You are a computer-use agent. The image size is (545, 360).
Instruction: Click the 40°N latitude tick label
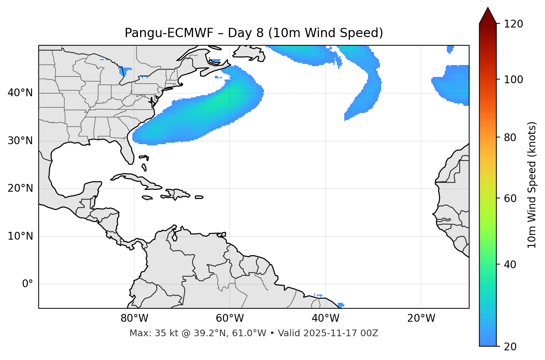(x=20, y=93)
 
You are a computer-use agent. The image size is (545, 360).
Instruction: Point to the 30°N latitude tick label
(x=20, y=141)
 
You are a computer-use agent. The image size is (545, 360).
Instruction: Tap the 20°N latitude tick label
(x=20, y=188)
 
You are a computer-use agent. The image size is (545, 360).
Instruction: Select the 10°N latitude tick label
(x=20, y=236)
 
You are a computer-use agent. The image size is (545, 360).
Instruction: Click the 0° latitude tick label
(x=28, y=284)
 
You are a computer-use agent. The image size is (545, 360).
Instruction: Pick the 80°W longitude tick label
(x=134, y=318)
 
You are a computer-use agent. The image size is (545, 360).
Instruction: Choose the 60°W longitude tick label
(x=230, y=318)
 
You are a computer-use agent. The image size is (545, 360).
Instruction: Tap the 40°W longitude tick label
(x=325, y=318)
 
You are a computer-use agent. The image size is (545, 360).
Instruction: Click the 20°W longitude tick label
(x=421, y=318)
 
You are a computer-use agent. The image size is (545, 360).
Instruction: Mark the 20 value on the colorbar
(x=510, y=347)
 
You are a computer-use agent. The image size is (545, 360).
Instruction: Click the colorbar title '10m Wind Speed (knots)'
(x=532, y=185)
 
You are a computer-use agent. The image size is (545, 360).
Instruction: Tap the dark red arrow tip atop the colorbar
(x=488, y=15)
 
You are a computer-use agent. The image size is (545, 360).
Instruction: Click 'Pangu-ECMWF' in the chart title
(x=169, y=33)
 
